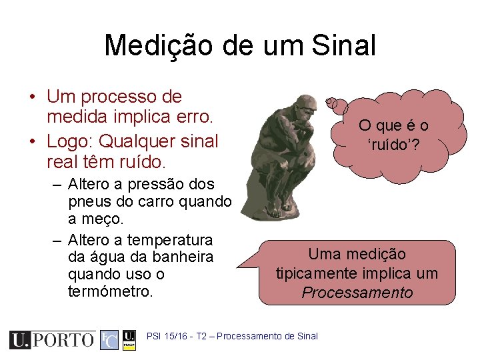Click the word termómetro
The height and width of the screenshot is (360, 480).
pyautogui.click(x=111, y=291)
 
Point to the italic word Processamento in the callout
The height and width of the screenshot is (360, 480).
pyautogui.click(x=357, y=293)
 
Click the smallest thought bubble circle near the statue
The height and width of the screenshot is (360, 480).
pyautogui.click(x=329, y=102)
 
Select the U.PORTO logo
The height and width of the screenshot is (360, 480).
pyautogui.click(x=51, y=340)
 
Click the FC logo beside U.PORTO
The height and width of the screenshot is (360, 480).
pyautogui.click(x=109, y=340)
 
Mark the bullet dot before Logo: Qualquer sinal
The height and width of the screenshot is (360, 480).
pyautogui.click(x=33, y=141)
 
